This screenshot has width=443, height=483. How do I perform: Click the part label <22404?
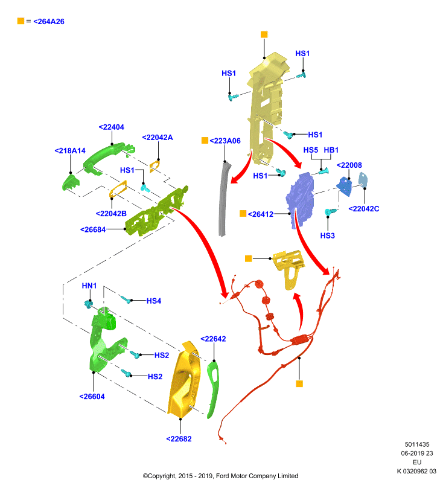click(x=112, y=127)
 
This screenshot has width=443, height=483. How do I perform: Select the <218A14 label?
click(x=70, y=150)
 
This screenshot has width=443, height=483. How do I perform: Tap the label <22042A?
click(x=158, y=138)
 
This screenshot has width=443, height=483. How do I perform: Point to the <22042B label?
click(x=111, y=214)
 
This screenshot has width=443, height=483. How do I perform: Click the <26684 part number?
click(x=93, y=229)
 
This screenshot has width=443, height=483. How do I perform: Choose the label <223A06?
click(x=225, y=141)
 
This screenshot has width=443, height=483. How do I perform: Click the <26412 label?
click(x=261, y=214)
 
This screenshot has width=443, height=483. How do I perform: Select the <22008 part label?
click(x=349, y=165)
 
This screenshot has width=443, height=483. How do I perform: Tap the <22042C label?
click(x=363, y=209)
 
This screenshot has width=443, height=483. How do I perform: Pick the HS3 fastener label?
click(x=327, y=235)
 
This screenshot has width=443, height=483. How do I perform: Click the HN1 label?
click(x=89, y=286)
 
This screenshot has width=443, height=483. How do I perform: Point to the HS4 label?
click(x=154, y=301)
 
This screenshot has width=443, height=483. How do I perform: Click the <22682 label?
click(x=179, y=439)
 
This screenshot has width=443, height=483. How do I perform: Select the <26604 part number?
click(x=92, y=397)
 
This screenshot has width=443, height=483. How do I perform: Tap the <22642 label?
click(x=213, y=339)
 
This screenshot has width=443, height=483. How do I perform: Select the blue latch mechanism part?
click(x=300, y=200)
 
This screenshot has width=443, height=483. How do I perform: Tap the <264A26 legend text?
click(x=49, y=22)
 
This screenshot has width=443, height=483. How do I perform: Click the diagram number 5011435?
click(x=417, y=444)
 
